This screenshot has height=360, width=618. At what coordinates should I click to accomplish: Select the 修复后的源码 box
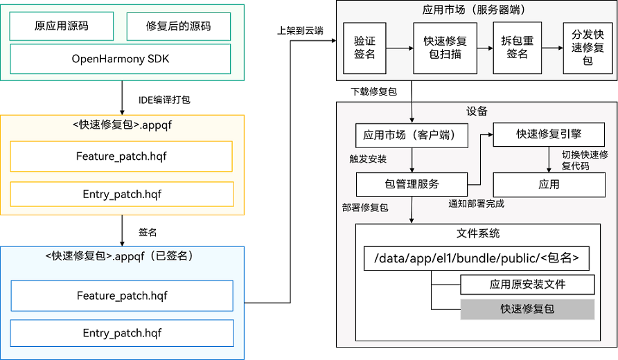point(178,26)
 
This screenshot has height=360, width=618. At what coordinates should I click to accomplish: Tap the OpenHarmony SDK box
point(121,59)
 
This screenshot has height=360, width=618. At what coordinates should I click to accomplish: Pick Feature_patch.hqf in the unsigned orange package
point(121,156)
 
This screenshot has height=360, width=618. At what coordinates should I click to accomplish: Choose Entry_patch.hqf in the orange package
point(121,194)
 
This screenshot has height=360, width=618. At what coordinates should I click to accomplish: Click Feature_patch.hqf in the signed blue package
point(121,296)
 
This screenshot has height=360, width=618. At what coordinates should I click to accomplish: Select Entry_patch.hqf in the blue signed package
point(121,333)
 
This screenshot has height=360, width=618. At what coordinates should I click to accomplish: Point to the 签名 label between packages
point(148,233)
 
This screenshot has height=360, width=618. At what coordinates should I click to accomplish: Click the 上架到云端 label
point(300,31)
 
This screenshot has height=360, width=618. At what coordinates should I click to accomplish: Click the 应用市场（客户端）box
point(413,134)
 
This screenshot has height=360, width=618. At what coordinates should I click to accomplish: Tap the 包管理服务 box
point(412,184)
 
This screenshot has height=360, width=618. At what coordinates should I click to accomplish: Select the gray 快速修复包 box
point(527,309)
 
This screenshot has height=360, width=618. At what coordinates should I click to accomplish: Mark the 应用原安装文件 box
point(527,284)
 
